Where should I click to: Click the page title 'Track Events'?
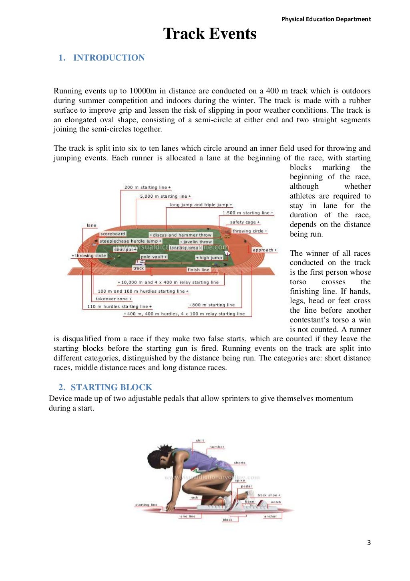pyautogui.click(x=210, y=34)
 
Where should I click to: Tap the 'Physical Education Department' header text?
pyautogui.click(x=326, y=19)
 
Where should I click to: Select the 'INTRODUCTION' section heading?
pyautogui.click(x=109, y=58)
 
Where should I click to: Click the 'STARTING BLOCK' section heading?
pyautogui.click(x=111, y=387)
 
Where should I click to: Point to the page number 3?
pyautogui.click(x=369, y=543)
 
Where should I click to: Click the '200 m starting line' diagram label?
pyautogui.click(x=147, y=187)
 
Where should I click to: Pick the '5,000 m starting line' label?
pyautogui.click(x=165, y=196)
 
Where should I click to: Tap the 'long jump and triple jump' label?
pyautogui.click(x=201, y=205)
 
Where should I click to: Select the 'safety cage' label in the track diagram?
pyautogui.click(x=245, y=222)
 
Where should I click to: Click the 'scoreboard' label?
pyautogui.click(x=113, y=234)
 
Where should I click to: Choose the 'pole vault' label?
pyautogui.click(x=153, y=257)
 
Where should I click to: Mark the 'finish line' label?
pyautogui.click(x=198, y=270)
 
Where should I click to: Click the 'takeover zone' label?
pyautogui.click(x=113, y=299)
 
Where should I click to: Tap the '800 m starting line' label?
pyautogui.click(x=211, y=305)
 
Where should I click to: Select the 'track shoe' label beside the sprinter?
pyautogui.click(x=268, y=495)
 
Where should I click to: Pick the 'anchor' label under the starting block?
pyautogui.click(x=270, y=516)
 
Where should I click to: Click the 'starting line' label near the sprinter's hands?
pyautogui.click(x=146, y=505)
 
